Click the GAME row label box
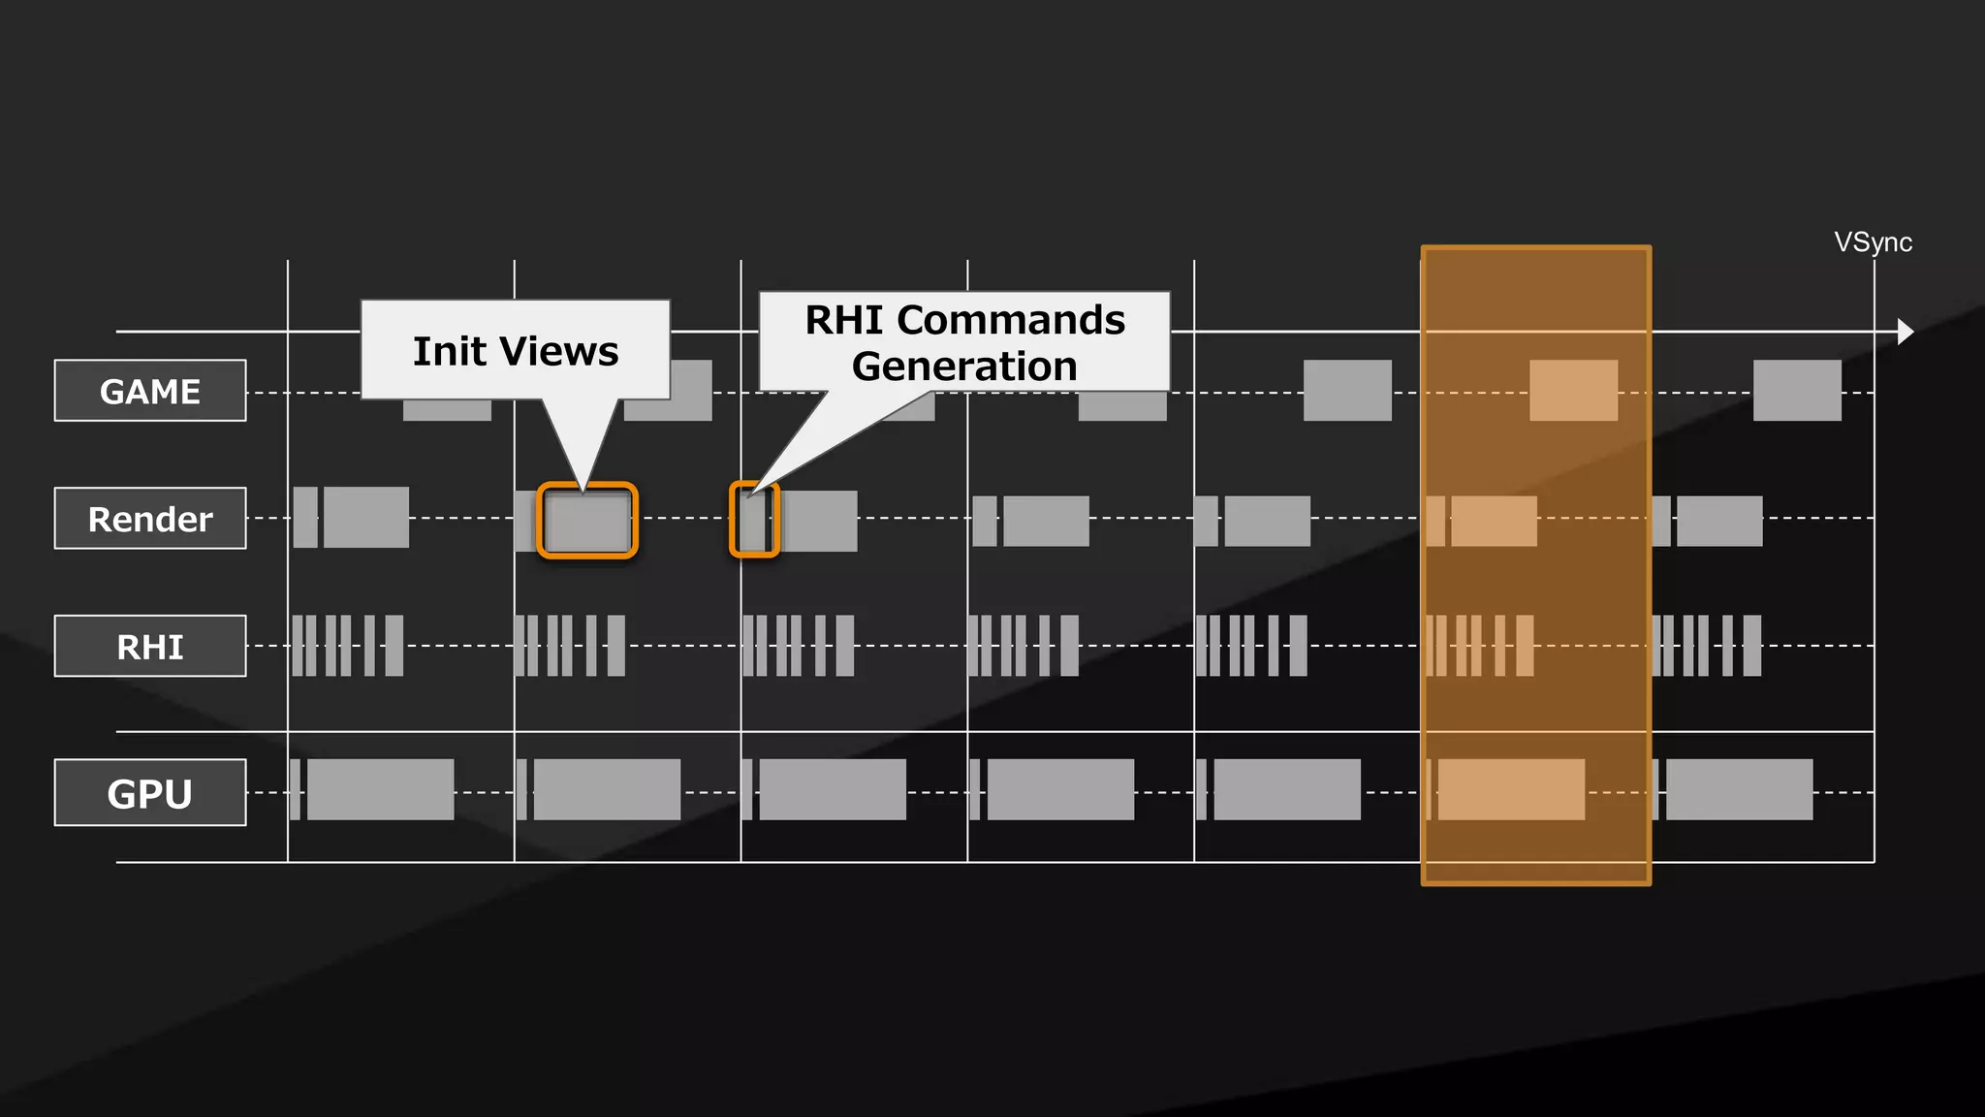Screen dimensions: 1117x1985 point(150,391)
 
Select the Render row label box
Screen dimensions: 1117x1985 point(150,519)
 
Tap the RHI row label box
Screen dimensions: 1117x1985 point(150,646)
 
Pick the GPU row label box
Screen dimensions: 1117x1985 point(150,793)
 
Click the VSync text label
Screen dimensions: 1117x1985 point(1873,242)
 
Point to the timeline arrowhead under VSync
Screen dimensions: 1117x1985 point(1905,332)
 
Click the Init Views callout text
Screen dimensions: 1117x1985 point(516,351)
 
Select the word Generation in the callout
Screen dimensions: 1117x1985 point(964,367)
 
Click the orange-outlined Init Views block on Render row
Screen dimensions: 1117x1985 point(587,521)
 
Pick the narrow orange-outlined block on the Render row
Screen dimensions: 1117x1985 point(754,521)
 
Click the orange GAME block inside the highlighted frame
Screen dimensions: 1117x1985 point(1573,391)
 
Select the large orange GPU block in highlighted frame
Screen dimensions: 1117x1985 point(1511,789)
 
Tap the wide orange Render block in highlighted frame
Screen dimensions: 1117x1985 point(1494,521)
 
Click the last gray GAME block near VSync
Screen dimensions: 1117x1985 point(1797,391)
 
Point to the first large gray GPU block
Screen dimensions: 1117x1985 point(380,789)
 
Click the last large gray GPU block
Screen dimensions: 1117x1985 point(1739,789)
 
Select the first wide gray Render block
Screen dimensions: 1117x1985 point(366,518)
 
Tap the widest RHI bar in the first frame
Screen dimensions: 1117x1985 point(394,646)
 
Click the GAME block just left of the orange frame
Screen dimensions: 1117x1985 point(1347,391)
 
